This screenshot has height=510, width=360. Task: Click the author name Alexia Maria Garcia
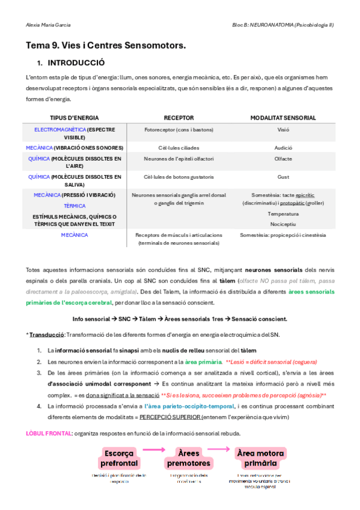(x=49, y=25)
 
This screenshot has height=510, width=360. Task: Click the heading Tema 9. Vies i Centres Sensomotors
(x=106, y=45)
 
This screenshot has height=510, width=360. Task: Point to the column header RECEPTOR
(x=178, y=118)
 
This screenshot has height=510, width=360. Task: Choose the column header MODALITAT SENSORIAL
(x=283, y=118)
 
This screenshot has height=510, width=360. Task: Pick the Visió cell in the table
(x=283, y=129)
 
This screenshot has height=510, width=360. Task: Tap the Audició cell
(x=283, y=147)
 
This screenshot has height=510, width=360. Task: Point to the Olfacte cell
(x=283, y=159)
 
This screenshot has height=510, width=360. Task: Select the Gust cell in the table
(x=283, y=177)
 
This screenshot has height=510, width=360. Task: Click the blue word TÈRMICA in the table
(x=75, y=206)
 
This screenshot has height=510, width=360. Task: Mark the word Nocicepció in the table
(x=283, y=223)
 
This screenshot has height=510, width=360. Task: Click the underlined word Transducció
(x=46, y=334)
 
